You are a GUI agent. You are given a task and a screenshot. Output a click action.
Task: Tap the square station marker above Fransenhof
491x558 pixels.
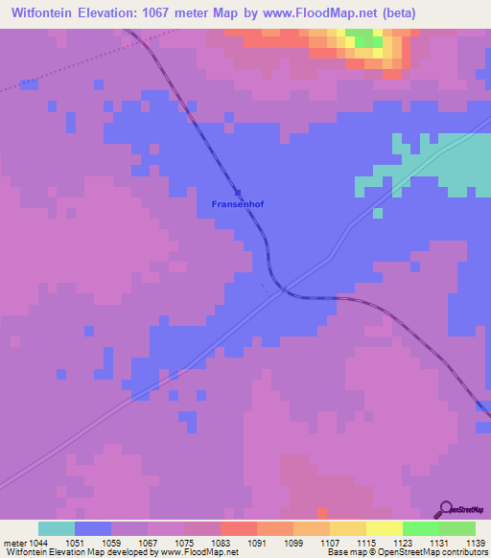238,192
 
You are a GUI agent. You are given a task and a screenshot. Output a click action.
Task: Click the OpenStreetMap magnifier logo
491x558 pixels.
445,509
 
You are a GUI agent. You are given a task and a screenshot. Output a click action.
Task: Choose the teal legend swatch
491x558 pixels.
57,528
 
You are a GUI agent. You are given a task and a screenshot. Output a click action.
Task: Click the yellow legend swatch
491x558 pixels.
385,528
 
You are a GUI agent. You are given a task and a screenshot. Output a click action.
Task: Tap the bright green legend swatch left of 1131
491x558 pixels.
421,528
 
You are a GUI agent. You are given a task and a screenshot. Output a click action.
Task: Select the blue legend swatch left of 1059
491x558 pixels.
93,528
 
